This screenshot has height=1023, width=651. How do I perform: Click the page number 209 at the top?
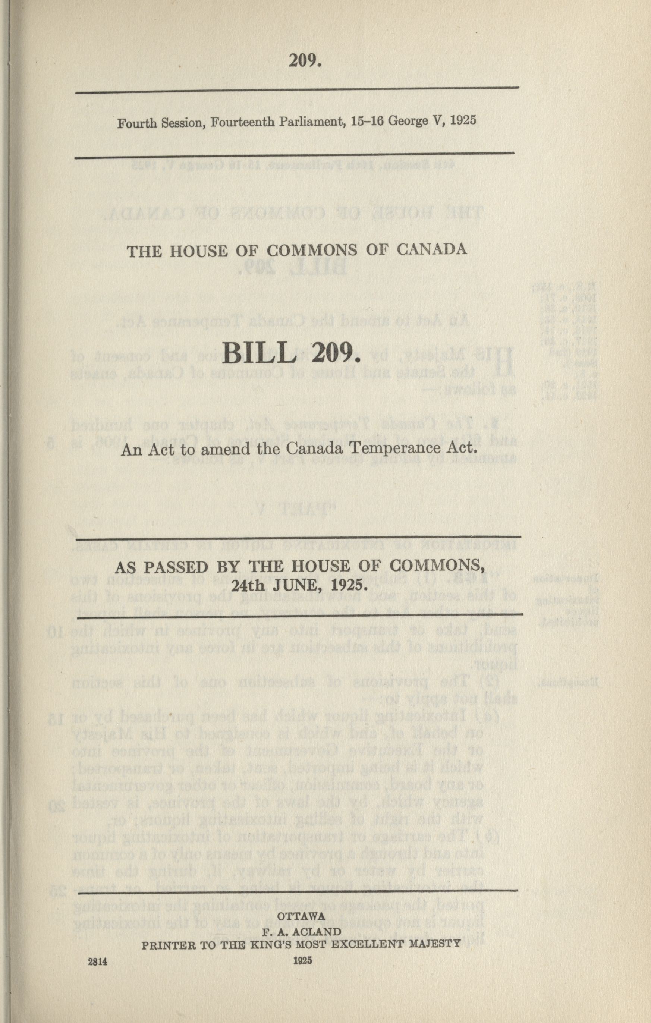(304, 62)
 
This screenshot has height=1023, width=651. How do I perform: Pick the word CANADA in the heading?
(431, 249)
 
